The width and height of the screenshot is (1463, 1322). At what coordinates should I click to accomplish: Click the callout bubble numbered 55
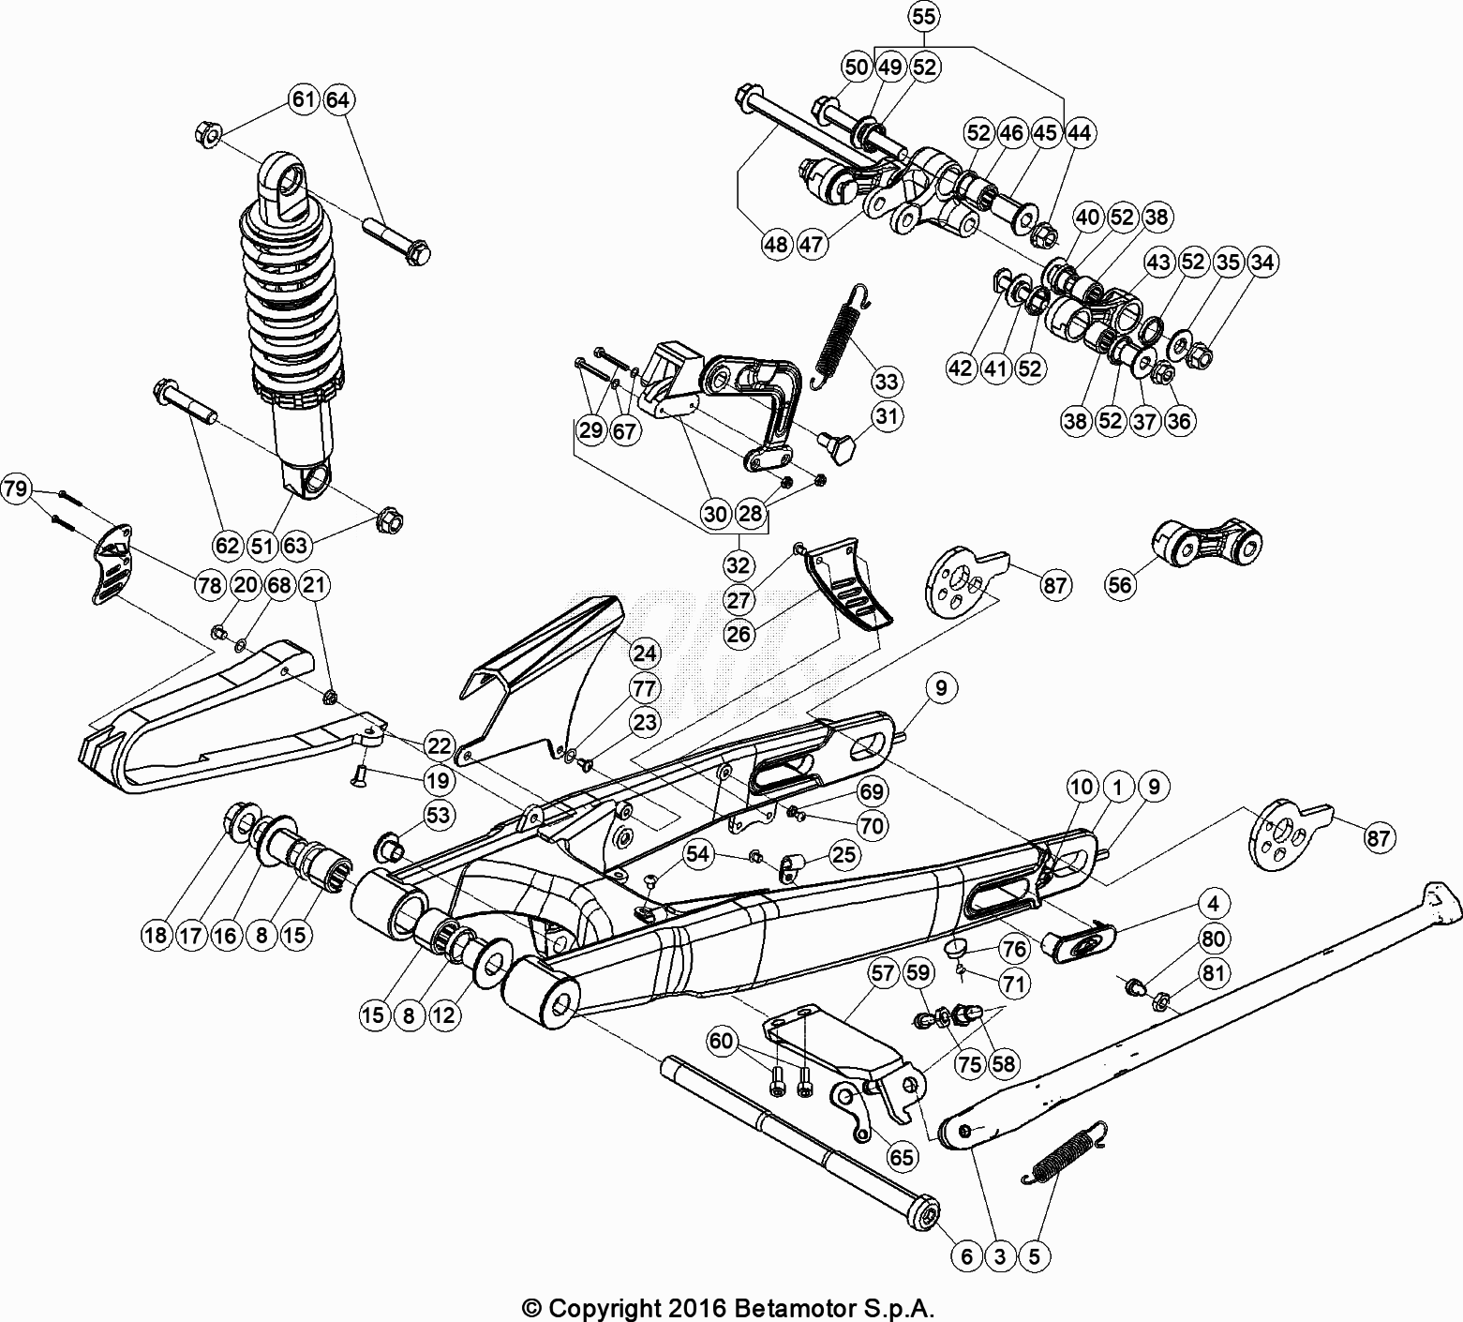click(x=923, y=16)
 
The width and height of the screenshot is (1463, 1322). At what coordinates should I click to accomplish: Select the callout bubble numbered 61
click(x=304, y=99)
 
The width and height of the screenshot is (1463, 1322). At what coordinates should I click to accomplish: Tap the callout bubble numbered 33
click(x=887, y=382)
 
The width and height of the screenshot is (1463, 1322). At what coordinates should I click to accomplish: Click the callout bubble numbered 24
click(x=645, y=653)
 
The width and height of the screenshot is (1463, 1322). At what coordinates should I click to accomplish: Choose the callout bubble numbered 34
click(x=1262, y=263)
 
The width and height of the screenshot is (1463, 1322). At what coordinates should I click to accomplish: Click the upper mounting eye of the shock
click(x=289, y=188)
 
